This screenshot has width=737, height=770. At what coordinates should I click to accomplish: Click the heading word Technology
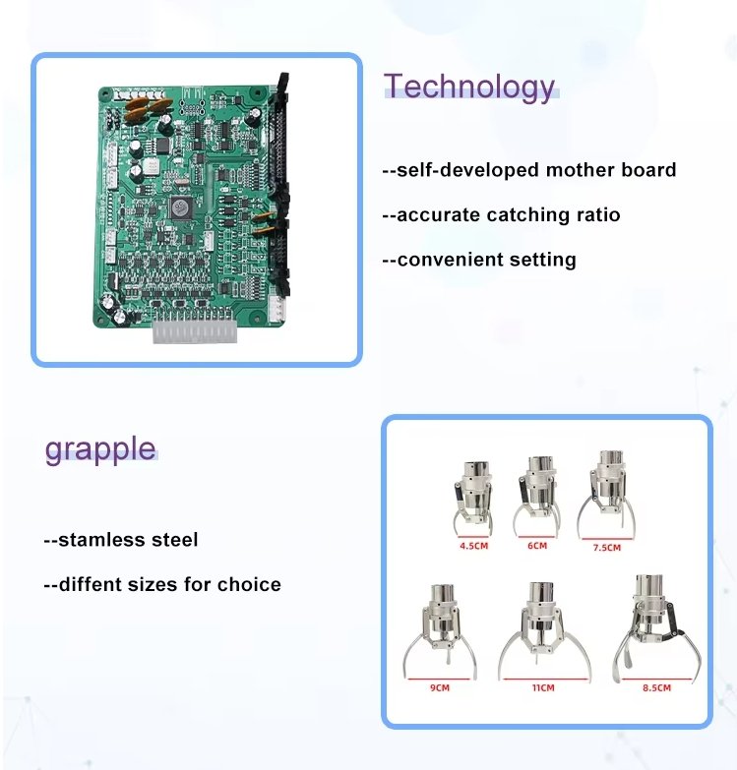point(469,87)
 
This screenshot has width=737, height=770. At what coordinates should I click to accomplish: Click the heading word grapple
point(100,449)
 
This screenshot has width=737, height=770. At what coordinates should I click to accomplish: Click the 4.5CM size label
point(473,546)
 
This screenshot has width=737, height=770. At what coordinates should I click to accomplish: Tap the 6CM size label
point(537,546)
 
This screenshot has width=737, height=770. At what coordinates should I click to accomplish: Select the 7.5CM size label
point(607,548)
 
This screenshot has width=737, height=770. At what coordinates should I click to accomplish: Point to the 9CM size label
point(440,688)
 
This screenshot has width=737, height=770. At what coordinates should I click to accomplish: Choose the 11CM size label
point(543,688)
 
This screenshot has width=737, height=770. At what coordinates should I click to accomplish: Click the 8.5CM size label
point(656,688)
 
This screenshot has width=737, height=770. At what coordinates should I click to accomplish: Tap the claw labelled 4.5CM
point(472,499)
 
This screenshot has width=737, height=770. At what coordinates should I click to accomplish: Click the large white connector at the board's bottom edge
point(195,331)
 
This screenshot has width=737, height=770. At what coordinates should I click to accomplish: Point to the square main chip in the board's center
point(181,207)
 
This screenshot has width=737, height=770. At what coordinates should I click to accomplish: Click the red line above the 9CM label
point(439,680)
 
